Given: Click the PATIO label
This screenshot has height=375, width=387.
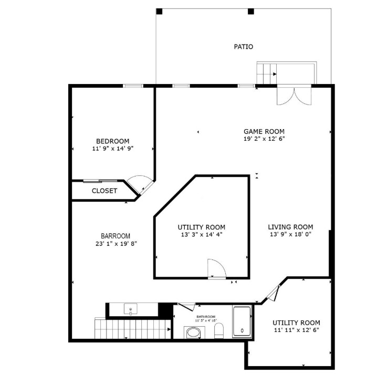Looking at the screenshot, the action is (x=243, y=47).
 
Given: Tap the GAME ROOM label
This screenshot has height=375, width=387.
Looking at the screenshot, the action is (x=264, y=131).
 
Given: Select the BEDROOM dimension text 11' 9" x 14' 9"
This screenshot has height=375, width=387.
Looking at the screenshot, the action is (x=113, y=148).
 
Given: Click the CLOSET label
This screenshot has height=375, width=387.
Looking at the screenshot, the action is (x=104, y=191).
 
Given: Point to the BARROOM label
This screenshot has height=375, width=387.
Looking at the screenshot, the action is (x=116, y=236).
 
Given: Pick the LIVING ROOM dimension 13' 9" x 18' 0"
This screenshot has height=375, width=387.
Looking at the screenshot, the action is (x=290, y=234).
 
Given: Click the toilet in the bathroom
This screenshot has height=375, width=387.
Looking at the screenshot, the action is (x=218, y=331).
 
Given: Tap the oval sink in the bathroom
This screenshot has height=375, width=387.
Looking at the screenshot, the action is (x=194, y=332).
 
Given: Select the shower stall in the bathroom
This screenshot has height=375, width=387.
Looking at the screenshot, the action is (x=242, y=321).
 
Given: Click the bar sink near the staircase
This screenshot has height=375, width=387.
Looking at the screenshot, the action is (x=131, y=309).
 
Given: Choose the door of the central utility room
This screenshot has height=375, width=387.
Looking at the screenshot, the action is (x=217, y=268).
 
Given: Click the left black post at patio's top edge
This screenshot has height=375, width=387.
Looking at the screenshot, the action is (x=159, y=12).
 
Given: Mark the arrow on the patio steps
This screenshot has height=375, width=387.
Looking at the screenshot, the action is (x=275, y=74).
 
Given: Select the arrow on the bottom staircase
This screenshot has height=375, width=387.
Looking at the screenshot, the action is (x=169, y=329).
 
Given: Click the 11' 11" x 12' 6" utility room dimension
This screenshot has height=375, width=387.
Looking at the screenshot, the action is (x=297, y=330).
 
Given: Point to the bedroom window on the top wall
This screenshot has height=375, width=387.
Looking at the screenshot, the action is (x=133, y=86).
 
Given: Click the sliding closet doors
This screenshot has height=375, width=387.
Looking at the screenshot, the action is (x=100, y=181).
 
